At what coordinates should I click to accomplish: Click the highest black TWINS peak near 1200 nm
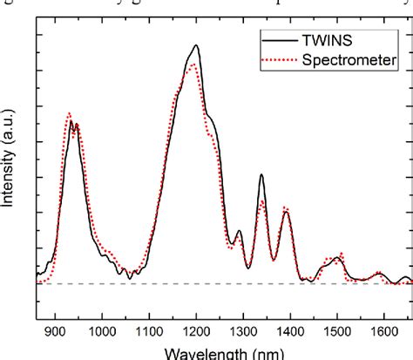point(196,45)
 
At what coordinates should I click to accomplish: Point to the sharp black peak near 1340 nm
point(261,174)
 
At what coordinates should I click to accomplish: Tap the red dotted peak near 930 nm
point(69,112)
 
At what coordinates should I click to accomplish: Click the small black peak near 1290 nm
point(238,231)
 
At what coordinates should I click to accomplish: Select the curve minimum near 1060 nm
point(130,277)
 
